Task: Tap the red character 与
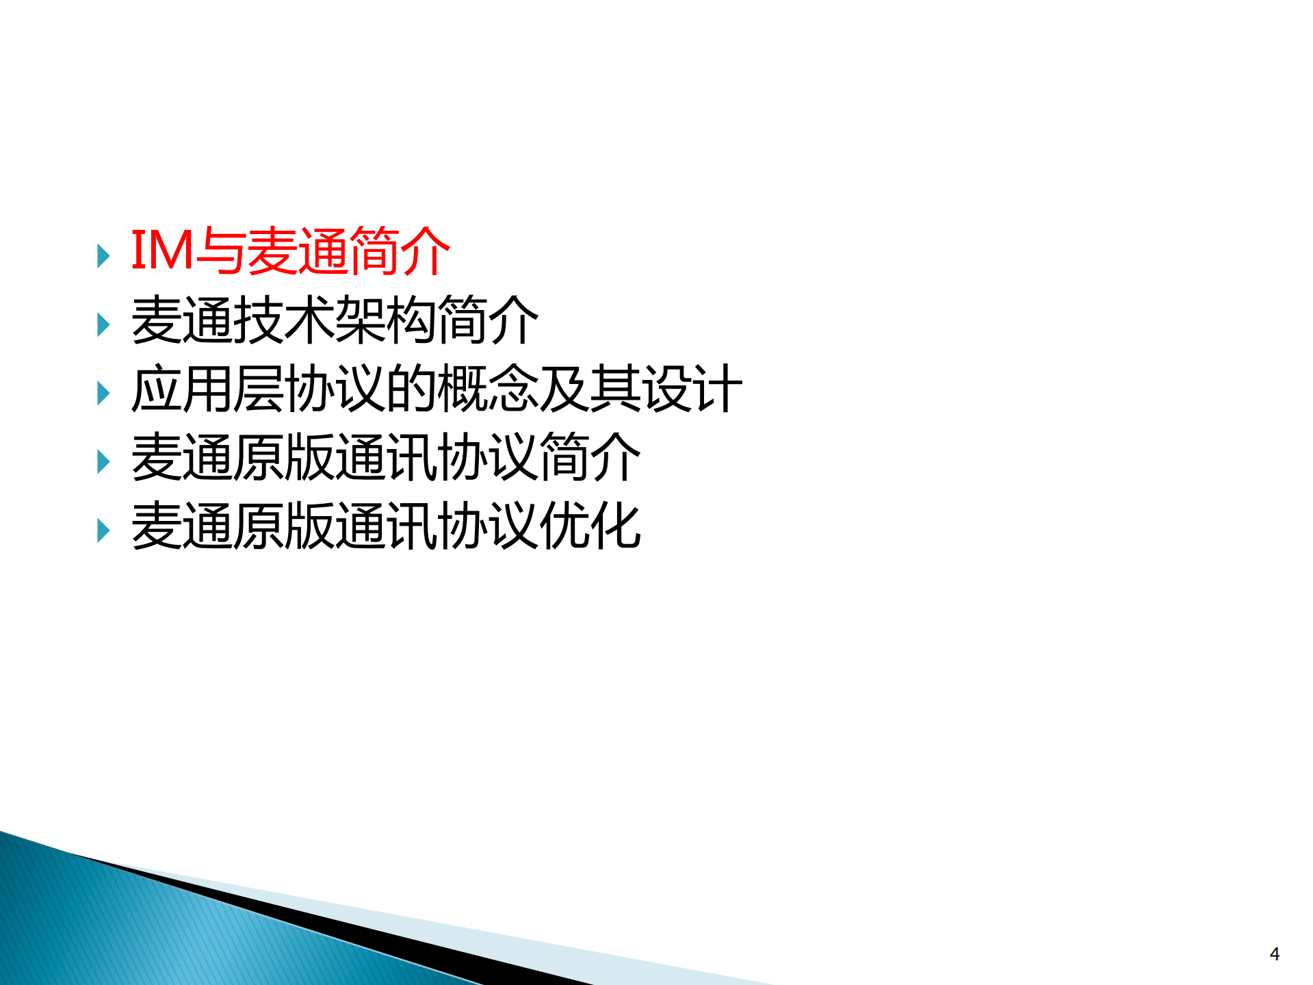220,251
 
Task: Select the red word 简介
400,251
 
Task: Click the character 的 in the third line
411,389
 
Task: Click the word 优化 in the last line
590,526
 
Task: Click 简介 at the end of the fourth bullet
590,457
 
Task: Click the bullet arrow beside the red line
103,256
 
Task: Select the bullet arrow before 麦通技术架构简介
103,324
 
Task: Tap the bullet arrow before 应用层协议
103,394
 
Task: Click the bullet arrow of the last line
103,530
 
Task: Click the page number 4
1274,954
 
